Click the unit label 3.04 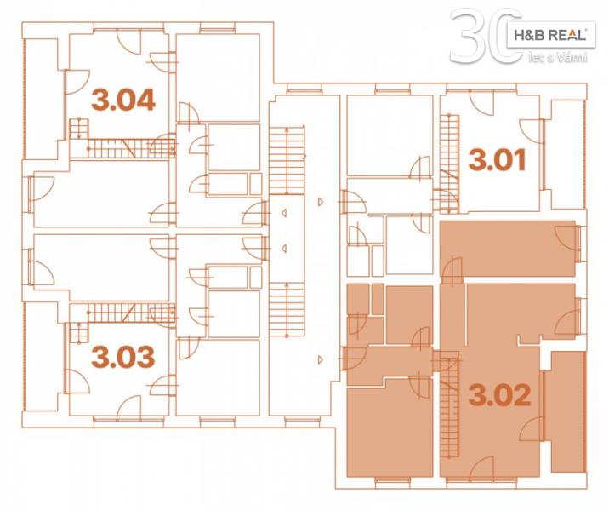tap(123, 100)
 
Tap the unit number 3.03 tap(123, 357)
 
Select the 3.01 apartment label tap(497, 160)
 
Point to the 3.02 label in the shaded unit tap(499, 394)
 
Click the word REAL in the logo tap(569, 36)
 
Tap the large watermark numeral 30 tap(486, 36)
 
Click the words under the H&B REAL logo tap(558, 58)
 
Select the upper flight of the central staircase tap(287, 160)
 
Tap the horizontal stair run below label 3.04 tap(130, 148)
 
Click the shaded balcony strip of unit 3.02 tap(568, 411)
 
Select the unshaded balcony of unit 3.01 tap(568, 154)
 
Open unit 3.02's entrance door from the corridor tap(353, 359)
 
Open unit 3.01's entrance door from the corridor tap(353, 202)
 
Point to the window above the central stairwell tap(304, 91)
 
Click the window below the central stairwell tap(302, 419)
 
